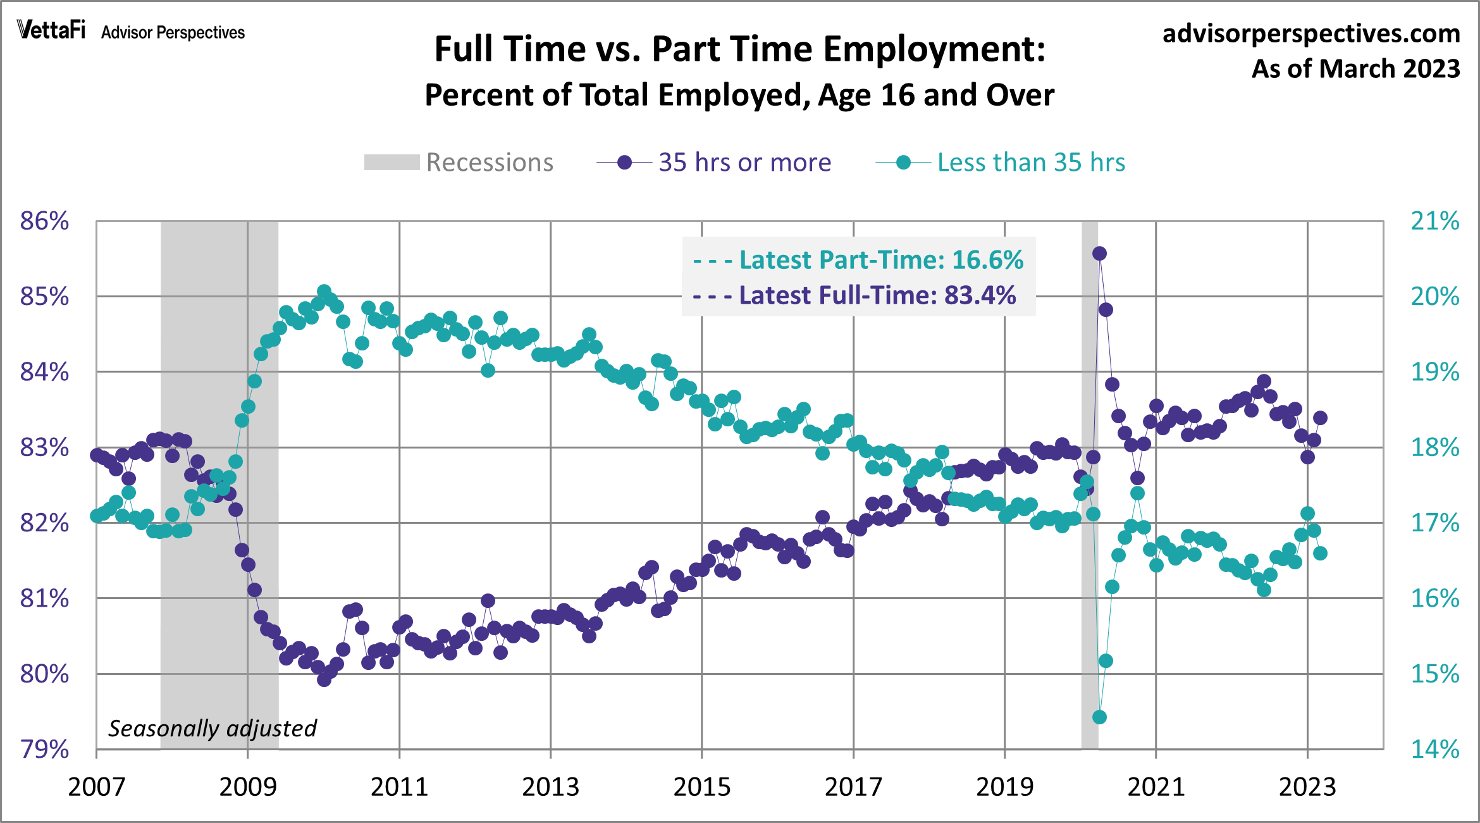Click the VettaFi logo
(x=51, y=30)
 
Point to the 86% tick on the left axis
(x=44, y=221)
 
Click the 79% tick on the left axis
(x=44, y=750)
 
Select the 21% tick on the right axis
(x=1434, y=221)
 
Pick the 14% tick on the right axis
(x=1434, y=750)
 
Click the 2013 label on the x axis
(x=550, y=787)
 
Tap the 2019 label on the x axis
(x=1004, y=787)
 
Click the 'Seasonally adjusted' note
(x=213, y=729)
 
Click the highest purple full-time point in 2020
(x=1099, y=254)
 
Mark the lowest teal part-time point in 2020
(x=1099, y=717)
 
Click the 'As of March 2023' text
(x=1355, y=68)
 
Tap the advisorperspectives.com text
(x=1311, y=33)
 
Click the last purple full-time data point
(x=1320, y=418)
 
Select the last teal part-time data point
(x=1320, y=554)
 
